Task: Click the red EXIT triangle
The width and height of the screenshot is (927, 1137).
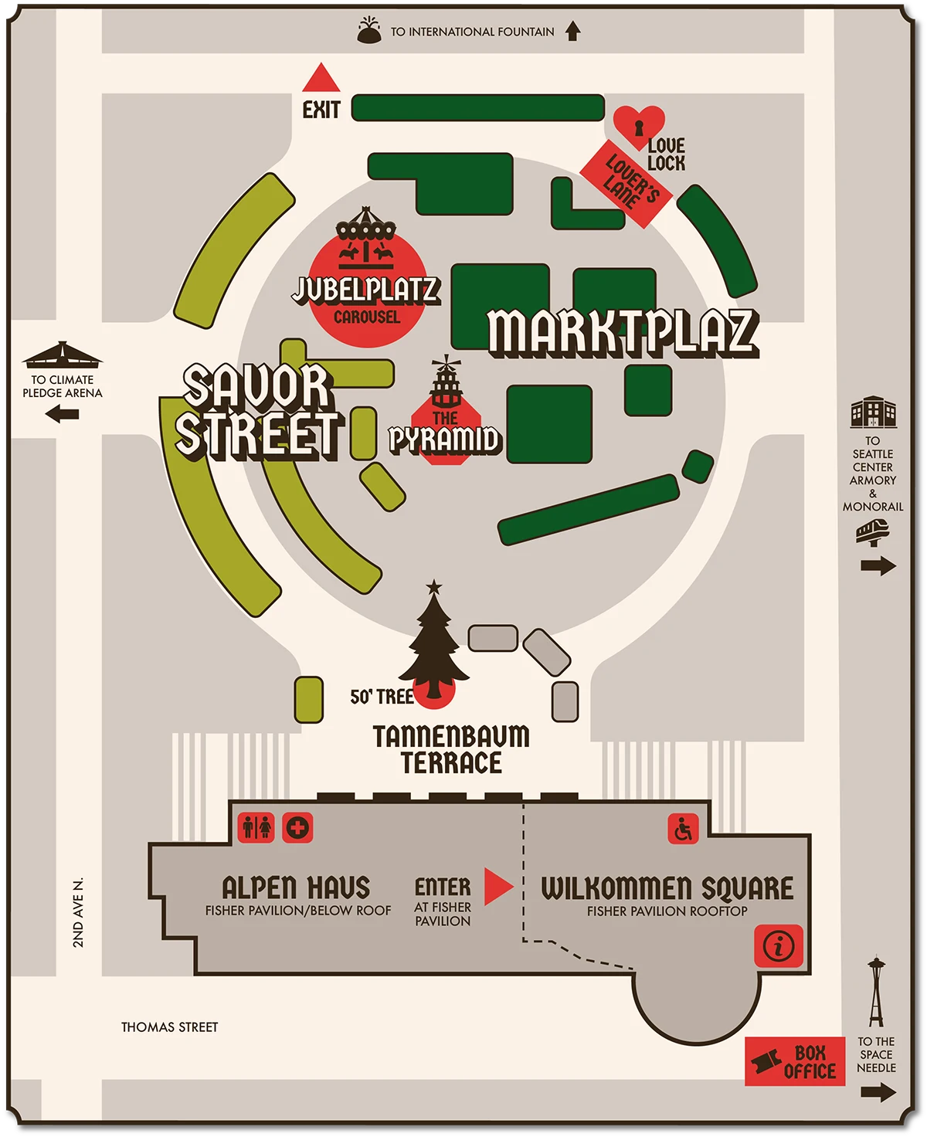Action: pyautogui.click(x=321, y=79)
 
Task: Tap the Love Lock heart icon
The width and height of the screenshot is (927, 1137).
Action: pyautogui.click(x=639, y=124)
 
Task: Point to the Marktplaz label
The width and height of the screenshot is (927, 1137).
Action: pyautogui.click(x=623, y=333)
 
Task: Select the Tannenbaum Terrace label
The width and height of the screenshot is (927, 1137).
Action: pyautogui.click(x=451, y=749)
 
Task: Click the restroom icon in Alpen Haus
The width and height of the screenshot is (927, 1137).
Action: pyautogui.click(x=256, y=828)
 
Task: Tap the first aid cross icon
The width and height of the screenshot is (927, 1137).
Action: pyautogui.click(x=297, y=828)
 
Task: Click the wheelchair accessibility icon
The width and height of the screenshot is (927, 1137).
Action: pyautogui.click(x=683, y=830)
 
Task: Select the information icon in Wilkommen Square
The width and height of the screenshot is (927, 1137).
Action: pyautogui.click(x=779, y=945)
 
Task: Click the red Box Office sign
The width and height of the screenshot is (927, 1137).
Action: pyautogui.click(x=795, y=1061)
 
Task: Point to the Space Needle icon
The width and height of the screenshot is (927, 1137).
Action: pyautogui.click(x=875, y=992)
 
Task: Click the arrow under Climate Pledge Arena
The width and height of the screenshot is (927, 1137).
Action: pyautogui.click(x=63, y=415)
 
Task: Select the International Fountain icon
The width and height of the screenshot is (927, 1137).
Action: pyautogui.click(x=369, y=32)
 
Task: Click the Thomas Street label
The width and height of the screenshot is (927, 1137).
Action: pyautogui.click(x=169, y=1027)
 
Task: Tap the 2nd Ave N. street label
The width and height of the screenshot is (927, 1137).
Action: pyautogui.click(x=78, y=912)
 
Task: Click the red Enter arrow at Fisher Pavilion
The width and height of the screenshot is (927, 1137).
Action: pyautogui.click(x=497, y=886)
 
